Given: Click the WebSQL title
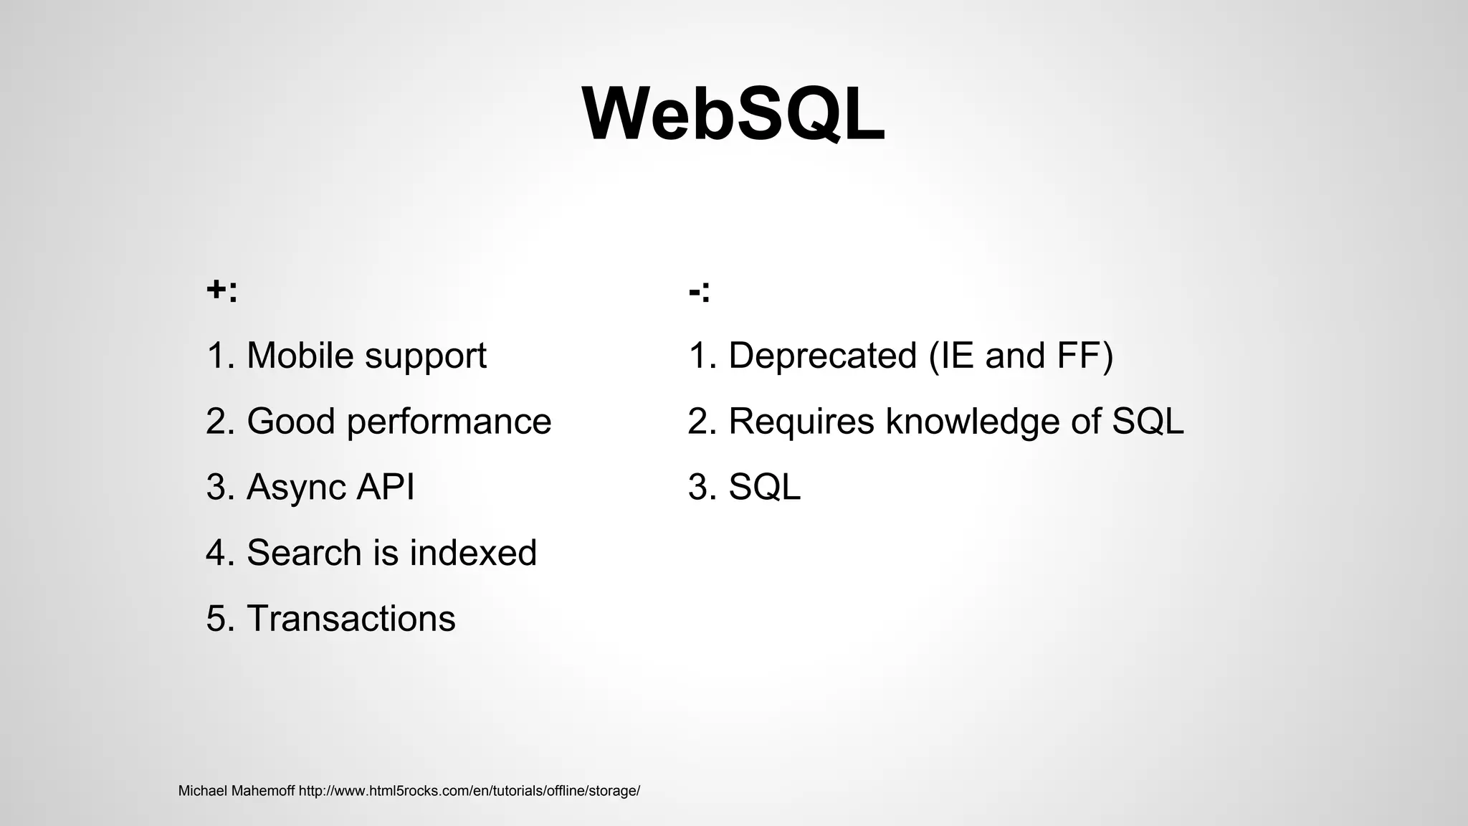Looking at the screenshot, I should point(733,115).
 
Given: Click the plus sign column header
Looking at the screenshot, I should point(221,290).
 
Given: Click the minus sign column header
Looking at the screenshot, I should point(699,290).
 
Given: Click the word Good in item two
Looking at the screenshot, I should point(290,422).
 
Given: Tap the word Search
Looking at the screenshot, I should point(304,553).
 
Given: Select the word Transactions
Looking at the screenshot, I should point(351,619).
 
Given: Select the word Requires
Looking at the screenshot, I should point(801,422).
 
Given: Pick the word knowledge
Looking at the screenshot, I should point(972,422).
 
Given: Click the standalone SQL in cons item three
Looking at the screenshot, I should point(764,488).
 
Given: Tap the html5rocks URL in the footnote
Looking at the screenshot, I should point(469,792).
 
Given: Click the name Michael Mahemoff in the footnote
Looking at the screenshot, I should point(236,792).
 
